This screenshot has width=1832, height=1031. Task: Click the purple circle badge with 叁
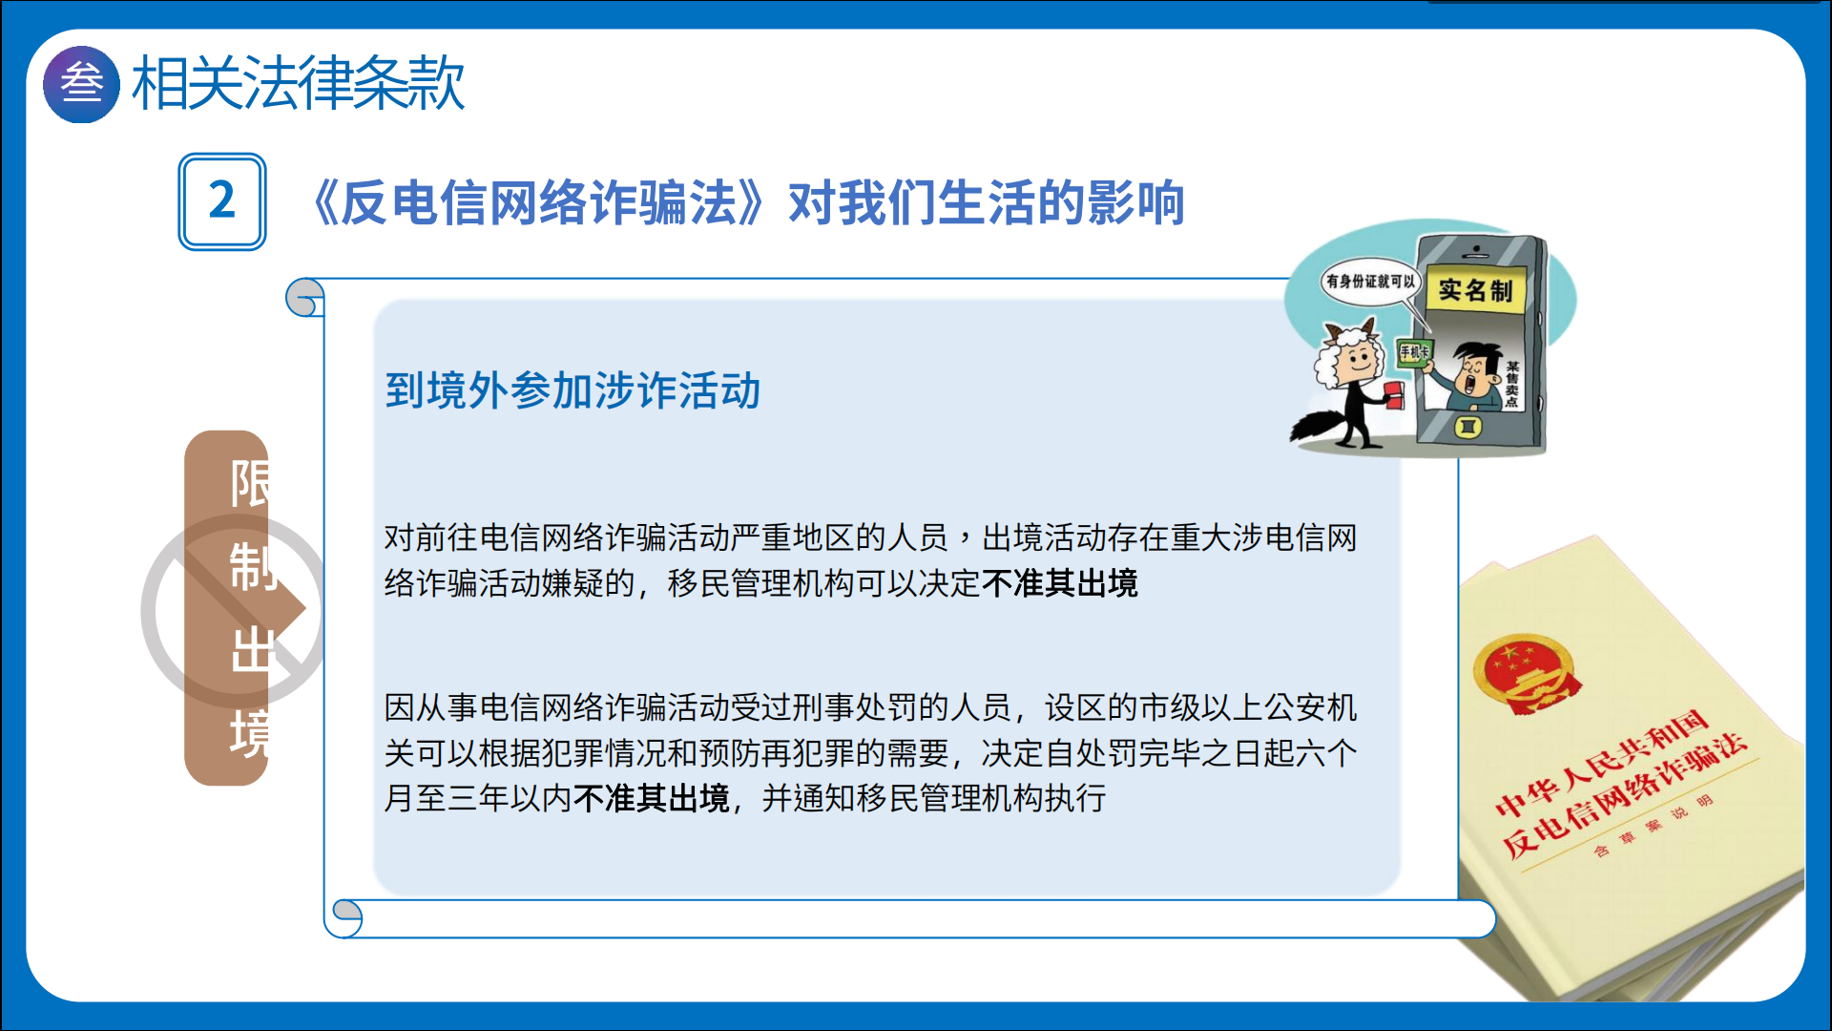tap(81, 84)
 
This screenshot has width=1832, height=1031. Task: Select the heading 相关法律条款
tap(298, 83)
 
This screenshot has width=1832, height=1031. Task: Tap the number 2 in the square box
tap(222, 200)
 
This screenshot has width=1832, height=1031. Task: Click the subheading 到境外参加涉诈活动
tap(572, 391)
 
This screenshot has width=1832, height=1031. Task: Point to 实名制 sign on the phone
tap(1475, 290)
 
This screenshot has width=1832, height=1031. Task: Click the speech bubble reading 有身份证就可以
tap(1370, 282)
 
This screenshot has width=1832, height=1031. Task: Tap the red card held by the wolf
tap(1394, 394)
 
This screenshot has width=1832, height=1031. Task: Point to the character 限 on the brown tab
tap(250, 484)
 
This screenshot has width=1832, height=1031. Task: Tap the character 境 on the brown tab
tap(250, 733)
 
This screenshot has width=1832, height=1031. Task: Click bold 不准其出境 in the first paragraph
tap(1060, 583)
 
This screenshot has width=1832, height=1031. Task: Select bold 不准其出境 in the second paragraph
tap(652, 798)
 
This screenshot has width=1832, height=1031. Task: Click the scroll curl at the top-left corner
tap(305, 298)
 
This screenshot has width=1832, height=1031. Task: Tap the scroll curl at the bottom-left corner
tap(345, 918)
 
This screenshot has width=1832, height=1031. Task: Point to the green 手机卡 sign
tap(1414, 352)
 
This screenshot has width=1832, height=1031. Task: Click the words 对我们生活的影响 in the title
tap(987, 202)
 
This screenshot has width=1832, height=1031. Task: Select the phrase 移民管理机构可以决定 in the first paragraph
tap(824, 583)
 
